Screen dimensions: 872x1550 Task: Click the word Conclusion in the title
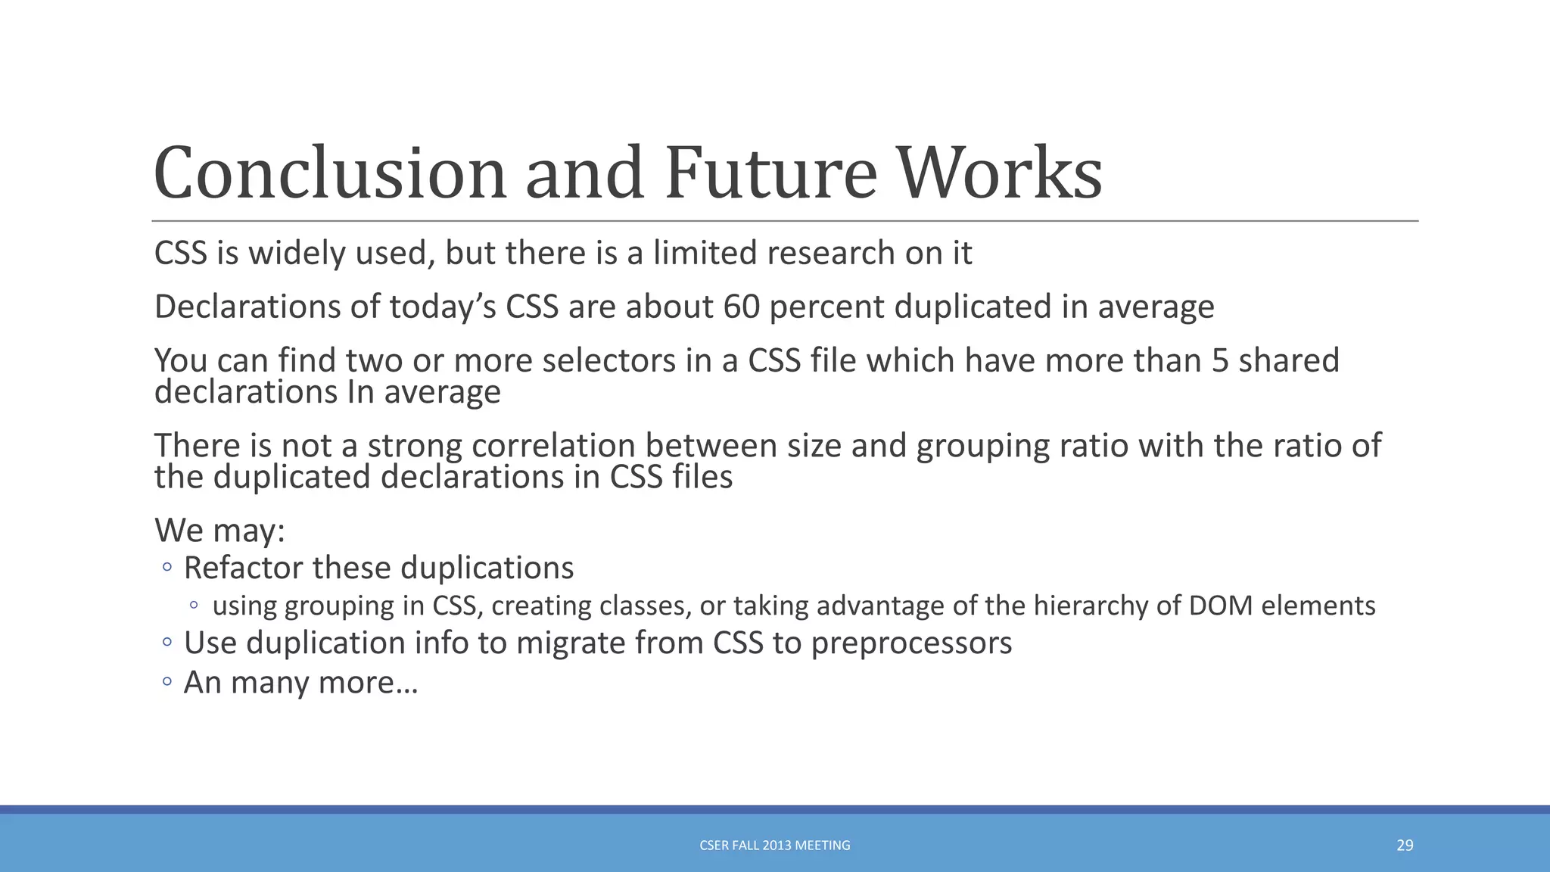tap(329, 173)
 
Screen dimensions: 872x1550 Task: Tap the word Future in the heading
tap(770, 173)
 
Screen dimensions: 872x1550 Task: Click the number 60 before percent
tap(741, 307)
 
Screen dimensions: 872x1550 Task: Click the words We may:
tap(219, 530)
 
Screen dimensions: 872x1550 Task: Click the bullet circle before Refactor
tap(167, 567)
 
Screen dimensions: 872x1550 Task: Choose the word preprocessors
tap(911, 643)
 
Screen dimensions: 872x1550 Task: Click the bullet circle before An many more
tap(167, 681)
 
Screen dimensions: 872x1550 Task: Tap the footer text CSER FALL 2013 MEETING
tap(774, 846)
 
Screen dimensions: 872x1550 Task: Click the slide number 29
tap(1405, 846)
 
